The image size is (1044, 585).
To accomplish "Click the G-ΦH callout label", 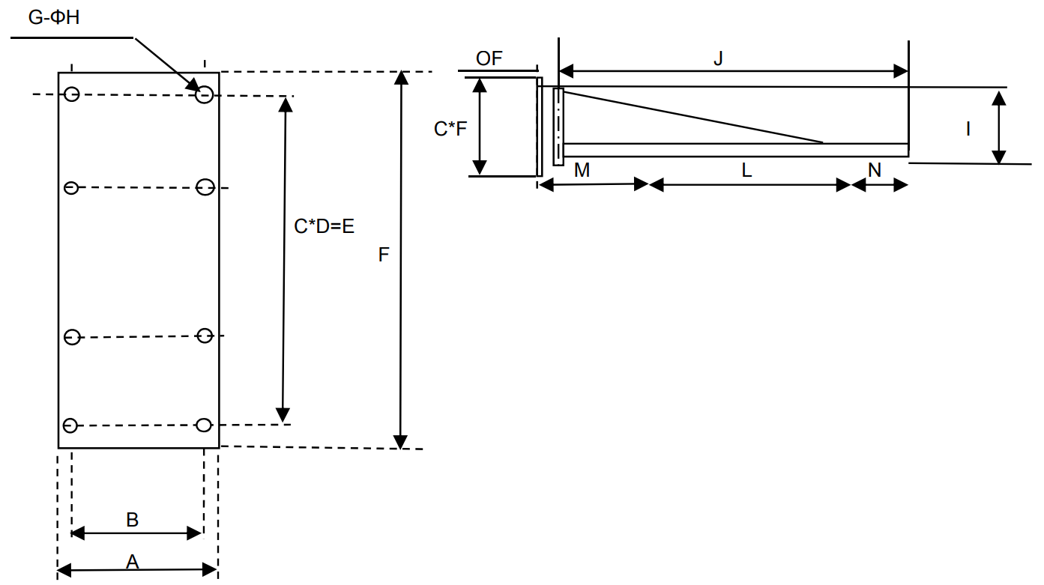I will [54, 17].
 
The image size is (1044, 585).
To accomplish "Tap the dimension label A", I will [133, 562].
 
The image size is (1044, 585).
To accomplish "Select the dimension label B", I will [132, 519].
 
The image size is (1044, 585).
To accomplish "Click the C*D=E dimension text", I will [324, 226].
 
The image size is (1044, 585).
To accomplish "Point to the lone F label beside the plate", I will [384, 255].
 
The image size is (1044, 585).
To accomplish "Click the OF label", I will [489, 58].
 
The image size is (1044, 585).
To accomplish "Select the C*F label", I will [450, 129].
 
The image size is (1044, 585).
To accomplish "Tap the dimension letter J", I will [718, 58].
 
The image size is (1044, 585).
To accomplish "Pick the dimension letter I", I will [968, 129].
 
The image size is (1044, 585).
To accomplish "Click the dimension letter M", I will [582, 170].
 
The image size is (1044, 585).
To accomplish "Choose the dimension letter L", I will [746, 170].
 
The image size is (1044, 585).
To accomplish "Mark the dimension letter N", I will [875, 170].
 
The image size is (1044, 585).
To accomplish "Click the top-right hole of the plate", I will [205, 94].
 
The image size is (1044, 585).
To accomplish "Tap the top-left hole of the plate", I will [72, 94].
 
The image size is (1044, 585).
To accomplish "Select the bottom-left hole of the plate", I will [70, 425].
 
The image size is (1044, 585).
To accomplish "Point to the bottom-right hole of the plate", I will [204, 425].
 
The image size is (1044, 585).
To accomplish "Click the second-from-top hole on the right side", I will [205, 187].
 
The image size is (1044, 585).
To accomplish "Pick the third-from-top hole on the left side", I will [72, 337].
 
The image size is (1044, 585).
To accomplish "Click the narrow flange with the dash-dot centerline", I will [558, 126].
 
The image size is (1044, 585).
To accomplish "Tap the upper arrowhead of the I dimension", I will [998, 95].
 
